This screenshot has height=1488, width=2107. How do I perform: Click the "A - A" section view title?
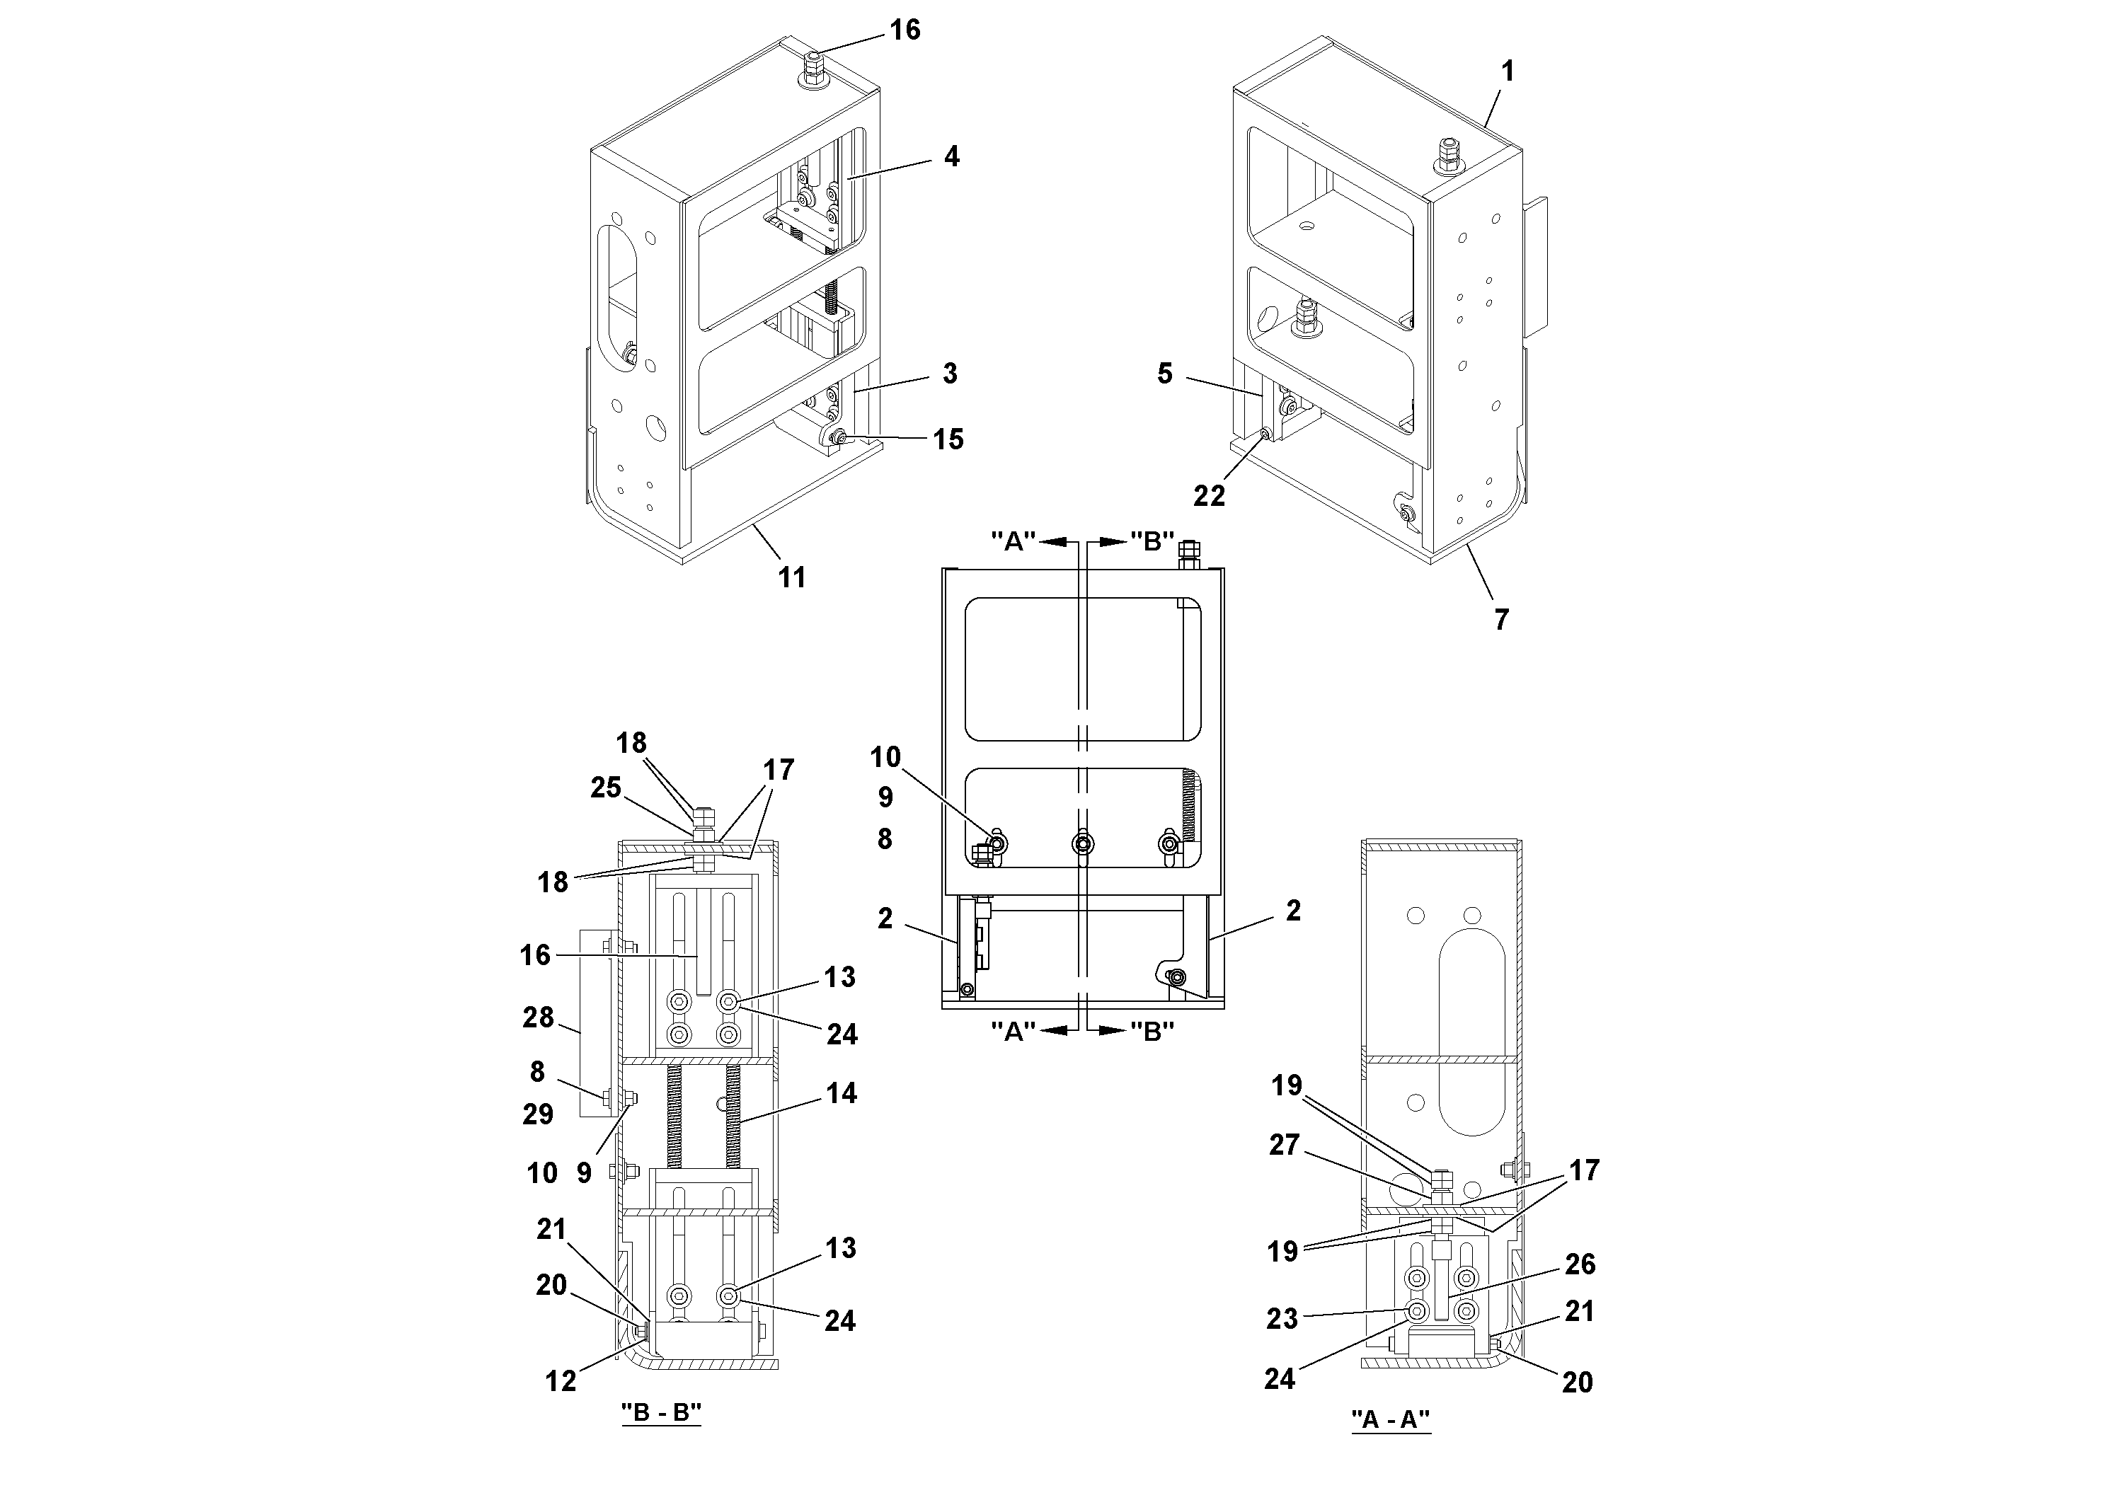(x=1390, y=1419)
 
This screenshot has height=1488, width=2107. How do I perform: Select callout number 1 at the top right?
(x=1507, y=71)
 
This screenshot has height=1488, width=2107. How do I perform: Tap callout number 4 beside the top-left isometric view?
(x=952, y=157)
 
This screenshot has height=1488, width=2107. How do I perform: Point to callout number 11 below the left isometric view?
(x=791, y=577)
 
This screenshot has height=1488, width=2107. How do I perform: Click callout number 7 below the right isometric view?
(x=1501, y=620)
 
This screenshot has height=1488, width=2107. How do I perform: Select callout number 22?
(x=1209, y=495)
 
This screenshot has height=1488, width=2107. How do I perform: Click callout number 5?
(x=1164, y=374)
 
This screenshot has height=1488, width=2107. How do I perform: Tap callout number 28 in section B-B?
(x=539, y=1017)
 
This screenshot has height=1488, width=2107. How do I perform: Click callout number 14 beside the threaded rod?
(x=841, y=1092)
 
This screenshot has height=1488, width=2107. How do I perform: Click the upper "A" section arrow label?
(x=1013, y=541)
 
